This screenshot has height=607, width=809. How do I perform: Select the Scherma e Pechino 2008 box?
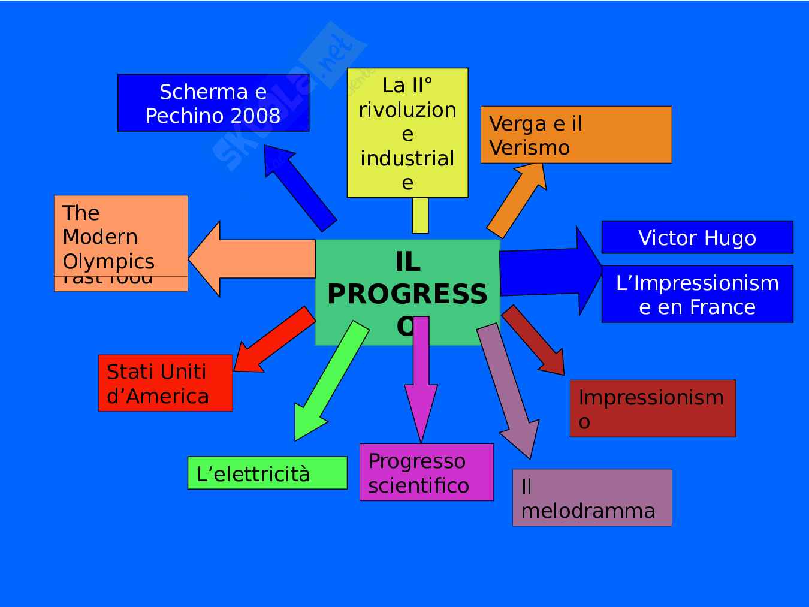coord(213,102)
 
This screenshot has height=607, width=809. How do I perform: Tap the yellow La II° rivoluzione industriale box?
coord(407,133)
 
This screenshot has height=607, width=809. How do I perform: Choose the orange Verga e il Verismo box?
coord(576,135)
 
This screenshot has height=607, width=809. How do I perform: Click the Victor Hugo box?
coord(697,237)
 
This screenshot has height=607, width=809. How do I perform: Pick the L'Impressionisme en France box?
coord(697,294)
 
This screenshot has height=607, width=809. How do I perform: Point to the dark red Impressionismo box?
coord(653,409)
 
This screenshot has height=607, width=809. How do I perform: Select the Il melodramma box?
coord(592,498)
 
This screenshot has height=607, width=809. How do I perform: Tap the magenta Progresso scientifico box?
coord(426,472)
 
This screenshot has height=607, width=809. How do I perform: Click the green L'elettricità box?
coord(267,473)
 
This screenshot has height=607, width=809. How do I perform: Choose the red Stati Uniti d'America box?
coord(165,383)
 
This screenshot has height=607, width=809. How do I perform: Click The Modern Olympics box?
coord(120,236)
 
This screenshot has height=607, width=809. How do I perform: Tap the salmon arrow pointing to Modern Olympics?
coord(252,259)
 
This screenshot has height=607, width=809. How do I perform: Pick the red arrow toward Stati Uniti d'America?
coord(273,340)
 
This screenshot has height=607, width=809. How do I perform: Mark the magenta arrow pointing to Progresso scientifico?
coord(421,378)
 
